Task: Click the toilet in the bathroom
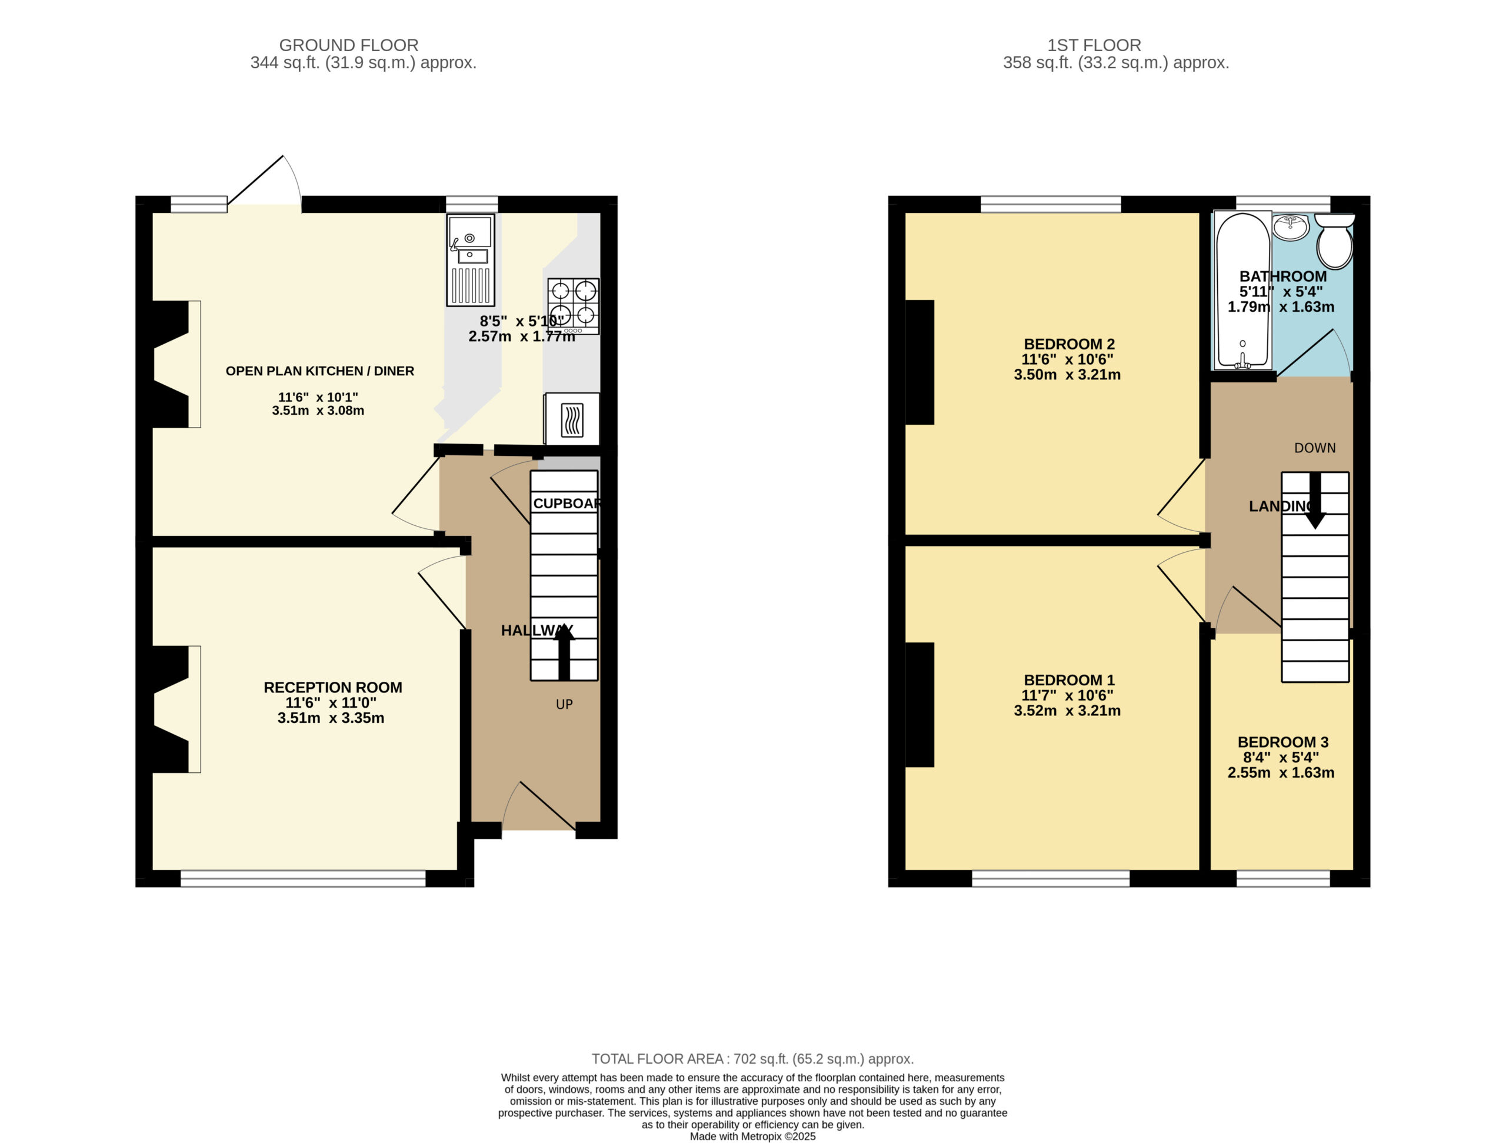(1334, 241)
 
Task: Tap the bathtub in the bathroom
(1242, 291)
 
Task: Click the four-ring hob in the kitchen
(573, 306)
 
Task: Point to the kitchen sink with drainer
(471, 260)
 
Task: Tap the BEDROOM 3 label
(1282, 742)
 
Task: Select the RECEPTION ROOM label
(333, 688)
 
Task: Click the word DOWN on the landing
(1315, 448)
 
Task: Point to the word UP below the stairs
(564, 705)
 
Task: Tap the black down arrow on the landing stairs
(1315, 501)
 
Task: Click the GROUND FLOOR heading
(349, 45)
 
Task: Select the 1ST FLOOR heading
(1094, 45)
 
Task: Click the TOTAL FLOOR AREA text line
(752, 1059)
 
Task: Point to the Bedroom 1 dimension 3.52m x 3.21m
(1067, 711)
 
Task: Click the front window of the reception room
(303, 878)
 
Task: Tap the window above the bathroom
(1282, 204)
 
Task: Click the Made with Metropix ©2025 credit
(752, 1136)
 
